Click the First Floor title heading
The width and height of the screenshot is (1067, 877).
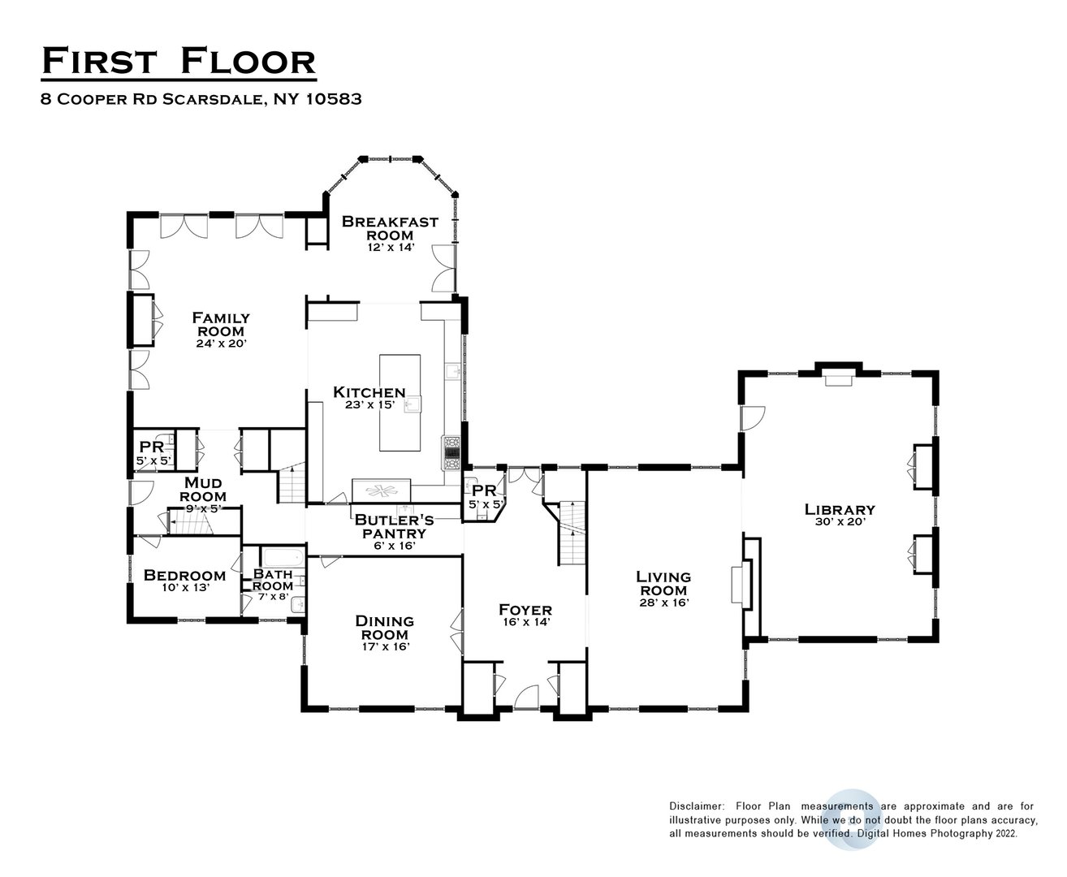[x=178, y=62]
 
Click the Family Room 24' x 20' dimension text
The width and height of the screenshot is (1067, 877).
[x=220, y=343]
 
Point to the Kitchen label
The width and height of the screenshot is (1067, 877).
[x=369, y=392]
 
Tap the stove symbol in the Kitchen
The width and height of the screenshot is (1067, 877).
[x=451, y=452]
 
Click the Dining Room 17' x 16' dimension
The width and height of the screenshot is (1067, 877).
[x=385, y=646]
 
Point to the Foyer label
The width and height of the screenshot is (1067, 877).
[x=525, y=610]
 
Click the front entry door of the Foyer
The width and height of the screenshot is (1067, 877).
[x=526, y=697]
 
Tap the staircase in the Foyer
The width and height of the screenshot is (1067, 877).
[x=571, y=532]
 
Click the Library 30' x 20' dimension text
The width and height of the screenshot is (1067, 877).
[x=840, y=522]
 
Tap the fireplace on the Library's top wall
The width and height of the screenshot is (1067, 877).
[x=836, y=378]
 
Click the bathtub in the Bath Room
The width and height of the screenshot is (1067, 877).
[x=282, y=559]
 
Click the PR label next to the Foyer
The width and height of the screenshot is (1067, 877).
[x=484, y=490]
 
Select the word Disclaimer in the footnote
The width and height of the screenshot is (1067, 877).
[x=696, y=806]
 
